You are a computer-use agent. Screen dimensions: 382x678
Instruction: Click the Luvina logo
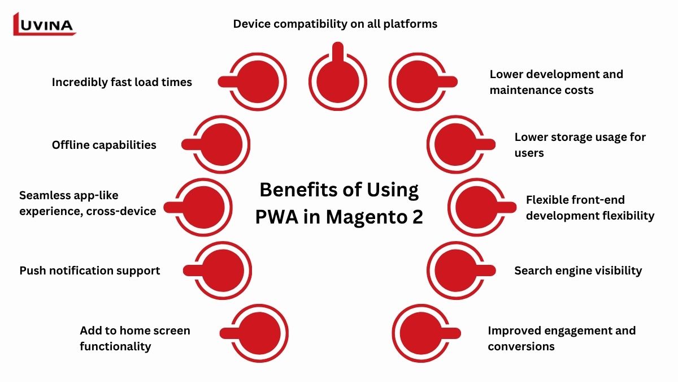[44, 24]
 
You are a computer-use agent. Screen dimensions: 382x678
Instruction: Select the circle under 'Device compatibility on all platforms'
[337, 81]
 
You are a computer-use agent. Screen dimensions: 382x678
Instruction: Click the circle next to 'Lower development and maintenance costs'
[420, 81]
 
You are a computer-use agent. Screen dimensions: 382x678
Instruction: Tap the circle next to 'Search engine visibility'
[455, 270]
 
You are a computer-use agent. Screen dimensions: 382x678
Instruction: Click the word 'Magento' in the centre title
[359, 217]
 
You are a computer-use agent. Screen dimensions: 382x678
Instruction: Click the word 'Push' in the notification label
[32, 271]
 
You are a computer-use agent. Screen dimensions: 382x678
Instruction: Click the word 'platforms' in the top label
[410, 24]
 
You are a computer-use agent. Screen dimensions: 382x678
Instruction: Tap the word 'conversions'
[521, 346]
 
